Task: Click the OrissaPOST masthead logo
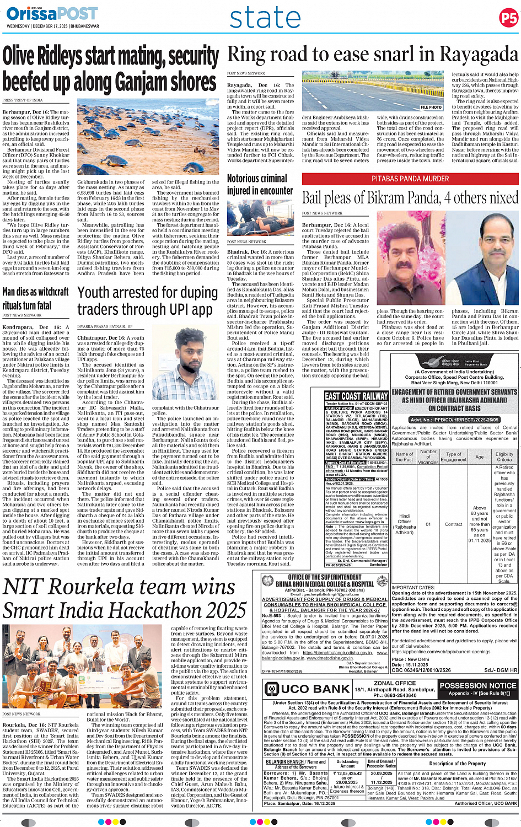click(52, 14)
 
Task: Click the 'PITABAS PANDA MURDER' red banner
click(410, 179)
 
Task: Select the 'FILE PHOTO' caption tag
click(431, 108)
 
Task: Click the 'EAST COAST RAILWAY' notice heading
click(356, 396)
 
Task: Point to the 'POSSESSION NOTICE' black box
click(478, 686)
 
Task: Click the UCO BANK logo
click(307, 689)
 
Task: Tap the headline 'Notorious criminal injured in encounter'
click(257, 184)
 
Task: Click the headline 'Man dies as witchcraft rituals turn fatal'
click(35, 298)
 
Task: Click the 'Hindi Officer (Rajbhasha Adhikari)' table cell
click(404, 524)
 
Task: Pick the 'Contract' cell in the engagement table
click(453, 524)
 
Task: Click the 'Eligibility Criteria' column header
click(504, 457)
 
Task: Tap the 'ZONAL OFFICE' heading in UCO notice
click(395, 683)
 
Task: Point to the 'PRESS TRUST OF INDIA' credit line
click(23, 100)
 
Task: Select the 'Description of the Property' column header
click(457, 764)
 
